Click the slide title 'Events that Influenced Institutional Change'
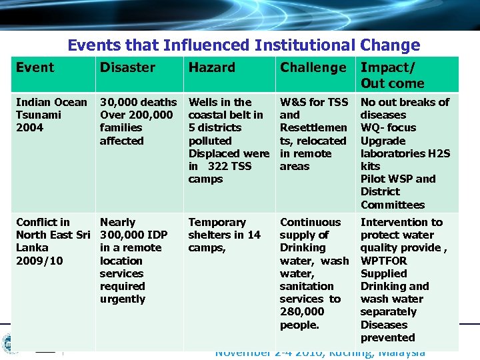point(243,45)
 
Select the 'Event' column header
point(35,67)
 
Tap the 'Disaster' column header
point(127,67)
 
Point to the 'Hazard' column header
point(211,67)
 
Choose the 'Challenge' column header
point(313,67)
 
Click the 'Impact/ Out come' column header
point(392,75)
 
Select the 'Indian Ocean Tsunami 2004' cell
point(51,115)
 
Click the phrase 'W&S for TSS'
point(313,102)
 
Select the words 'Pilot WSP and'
point(397,179)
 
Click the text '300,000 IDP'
point(133,235)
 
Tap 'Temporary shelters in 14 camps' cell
point(224,235)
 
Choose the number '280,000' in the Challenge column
point(302,312)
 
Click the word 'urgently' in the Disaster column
point(122,299)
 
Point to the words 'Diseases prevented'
point(387,331)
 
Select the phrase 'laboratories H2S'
point(405,153)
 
